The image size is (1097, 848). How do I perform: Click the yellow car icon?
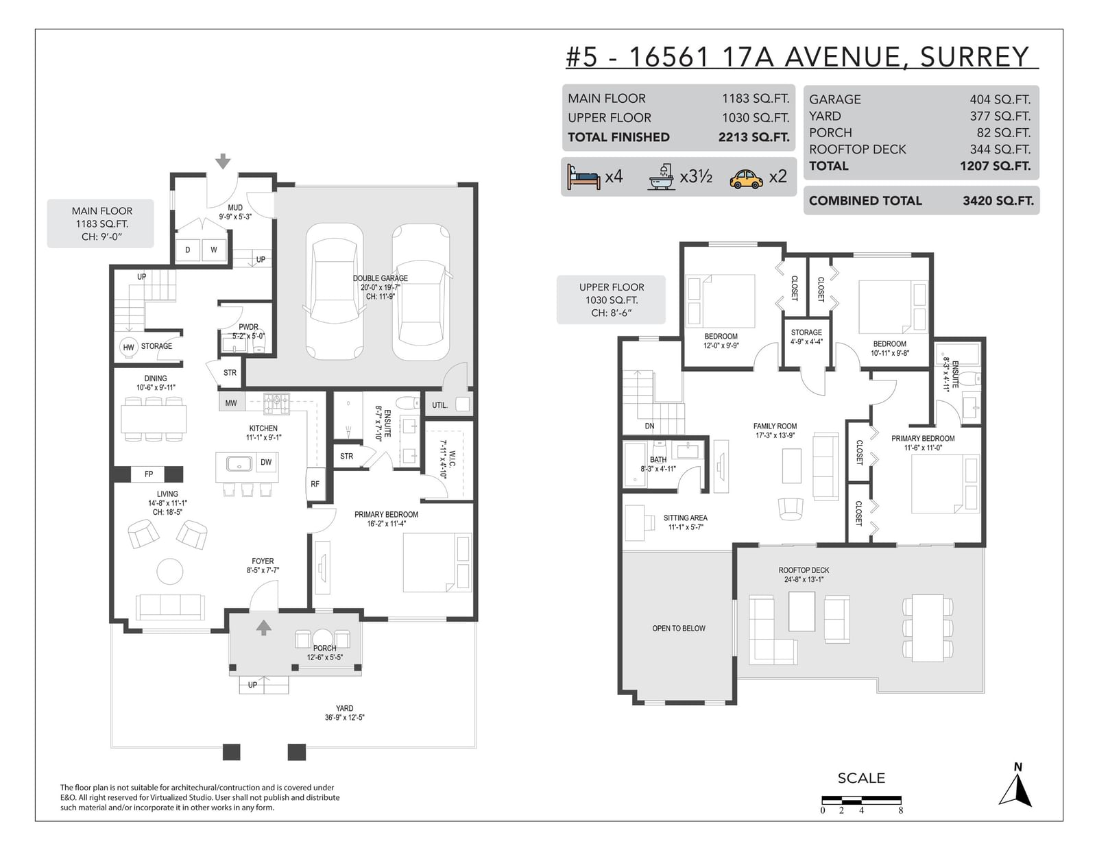click(x=746, y=178)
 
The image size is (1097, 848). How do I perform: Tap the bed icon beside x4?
click(x=583, y=177)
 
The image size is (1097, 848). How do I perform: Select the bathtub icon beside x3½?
click(x=662, y=177)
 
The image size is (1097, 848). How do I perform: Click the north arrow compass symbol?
click(x=1015, y=790)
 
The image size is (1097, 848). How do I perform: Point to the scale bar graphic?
click(x=861, y=800)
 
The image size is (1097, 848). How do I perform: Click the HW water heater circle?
click(x=129, y=348)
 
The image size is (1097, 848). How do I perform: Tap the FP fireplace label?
click(x=148, y=474)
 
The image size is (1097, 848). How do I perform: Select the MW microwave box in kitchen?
click(x=232, y=403)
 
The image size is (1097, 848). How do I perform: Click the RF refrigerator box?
click(x=315, y=484)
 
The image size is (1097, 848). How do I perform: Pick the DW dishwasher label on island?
click(x=266, y=462)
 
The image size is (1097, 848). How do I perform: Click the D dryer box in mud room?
click(x=188, y=250)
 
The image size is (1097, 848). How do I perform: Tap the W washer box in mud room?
click(x=214, y=250)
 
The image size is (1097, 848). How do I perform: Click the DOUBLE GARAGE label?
click(x=380, y=278)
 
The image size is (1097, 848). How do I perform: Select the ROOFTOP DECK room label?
click(x=804, y=570)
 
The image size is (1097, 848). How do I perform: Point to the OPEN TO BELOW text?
click(x=679, y=629)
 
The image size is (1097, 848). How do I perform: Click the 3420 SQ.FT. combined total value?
click(x=998, y=201)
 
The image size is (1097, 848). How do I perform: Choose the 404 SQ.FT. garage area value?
click(x=1000, y=99)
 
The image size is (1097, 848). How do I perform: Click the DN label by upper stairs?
click(x=650, y=426)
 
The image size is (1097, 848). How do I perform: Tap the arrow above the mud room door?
click(x=223, y=162)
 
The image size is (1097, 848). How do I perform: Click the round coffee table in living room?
click(x=169, y=572)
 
